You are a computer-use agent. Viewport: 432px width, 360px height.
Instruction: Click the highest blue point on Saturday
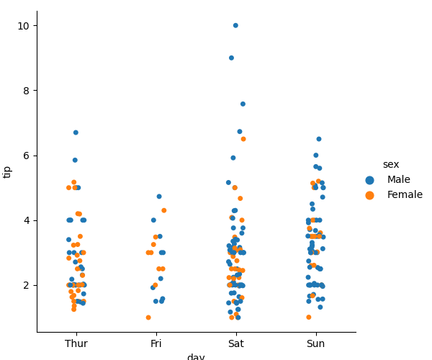click(235, 25)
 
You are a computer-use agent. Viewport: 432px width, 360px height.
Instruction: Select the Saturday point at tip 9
click(231, 58)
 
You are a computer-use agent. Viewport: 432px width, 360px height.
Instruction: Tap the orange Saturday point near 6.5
click(243, 139)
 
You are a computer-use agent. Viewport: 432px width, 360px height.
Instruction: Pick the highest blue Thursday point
click(76, 132)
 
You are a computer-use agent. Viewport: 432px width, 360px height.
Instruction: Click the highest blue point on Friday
click(159, 197)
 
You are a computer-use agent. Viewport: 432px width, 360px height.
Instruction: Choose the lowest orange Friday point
click(148, 318)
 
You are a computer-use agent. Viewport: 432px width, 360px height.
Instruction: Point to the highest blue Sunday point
click(319, 139)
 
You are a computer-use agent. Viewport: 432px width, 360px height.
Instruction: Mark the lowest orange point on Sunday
click(308, 318)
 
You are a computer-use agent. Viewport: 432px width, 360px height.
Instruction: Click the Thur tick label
click(76, 344)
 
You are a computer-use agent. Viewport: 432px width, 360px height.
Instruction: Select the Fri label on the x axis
click(156, 344)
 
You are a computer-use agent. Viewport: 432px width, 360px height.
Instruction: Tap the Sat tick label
click(235, 344)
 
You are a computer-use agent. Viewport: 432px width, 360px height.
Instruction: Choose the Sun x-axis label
click(315, 344)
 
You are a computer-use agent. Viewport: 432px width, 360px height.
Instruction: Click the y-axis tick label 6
click(27, 156)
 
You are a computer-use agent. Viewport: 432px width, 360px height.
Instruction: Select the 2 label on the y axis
click(27, 285)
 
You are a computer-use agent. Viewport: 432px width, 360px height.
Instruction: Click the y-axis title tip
click(8, 171)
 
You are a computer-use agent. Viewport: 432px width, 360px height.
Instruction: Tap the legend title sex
click(391, 165)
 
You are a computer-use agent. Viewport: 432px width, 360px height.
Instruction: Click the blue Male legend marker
click(370, 180)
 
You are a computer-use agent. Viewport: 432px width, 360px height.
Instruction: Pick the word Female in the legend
click(405, 195)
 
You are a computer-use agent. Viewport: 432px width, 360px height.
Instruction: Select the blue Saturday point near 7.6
click(243, 104)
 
